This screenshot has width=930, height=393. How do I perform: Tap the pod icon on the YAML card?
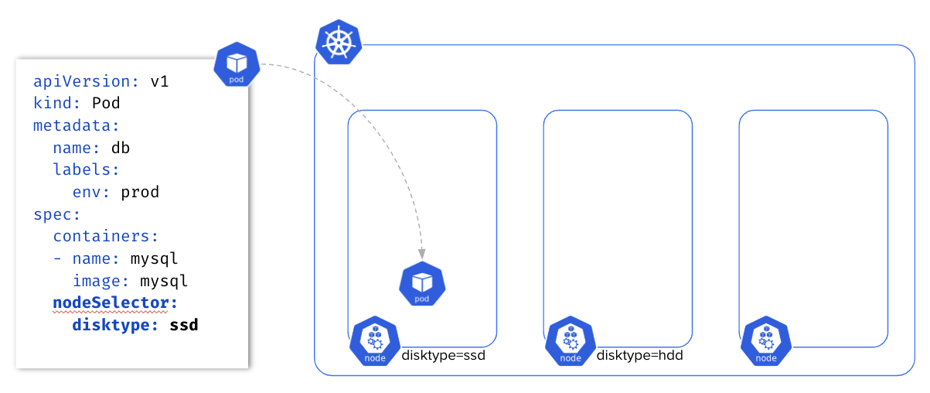tap(237, 65)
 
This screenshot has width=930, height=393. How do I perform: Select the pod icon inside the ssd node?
tap(422, 284)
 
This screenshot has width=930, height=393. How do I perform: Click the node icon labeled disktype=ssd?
tap(374, 341)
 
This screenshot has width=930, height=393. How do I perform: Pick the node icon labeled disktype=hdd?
tap(570, 341)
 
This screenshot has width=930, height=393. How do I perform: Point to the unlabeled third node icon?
tap(765, 341)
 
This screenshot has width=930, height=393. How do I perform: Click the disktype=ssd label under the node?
tap(443, 356)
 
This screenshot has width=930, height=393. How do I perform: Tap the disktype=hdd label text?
tap(639, 356)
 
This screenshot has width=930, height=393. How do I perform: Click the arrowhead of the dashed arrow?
tap(422, 253)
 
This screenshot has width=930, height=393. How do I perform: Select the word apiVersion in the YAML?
tap(83, 82)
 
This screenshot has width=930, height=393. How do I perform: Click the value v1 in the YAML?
tap(159, 82)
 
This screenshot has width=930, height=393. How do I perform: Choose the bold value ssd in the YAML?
tap(184, 325)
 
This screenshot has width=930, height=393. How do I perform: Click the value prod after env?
tap(140, 192)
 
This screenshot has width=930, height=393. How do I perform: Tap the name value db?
tap(121, 148)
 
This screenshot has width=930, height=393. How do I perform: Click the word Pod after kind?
tap(106, 104)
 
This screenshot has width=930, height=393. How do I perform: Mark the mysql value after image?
tap(164, 281)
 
